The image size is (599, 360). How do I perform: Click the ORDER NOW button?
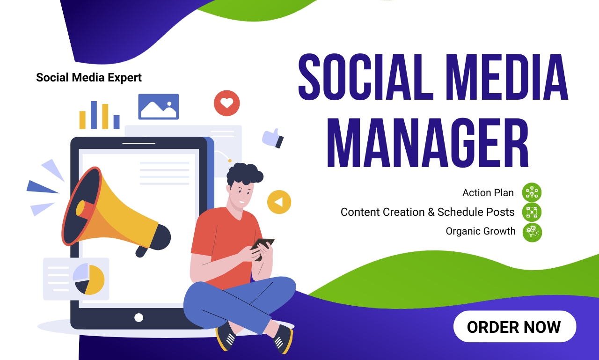[514, 326]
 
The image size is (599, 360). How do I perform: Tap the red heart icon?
[227, 103]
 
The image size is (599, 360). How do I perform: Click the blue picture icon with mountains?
[159, 106]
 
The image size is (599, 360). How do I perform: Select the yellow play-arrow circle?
[279, 202]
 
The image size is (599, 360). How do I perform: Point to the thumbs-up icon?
[273, 138]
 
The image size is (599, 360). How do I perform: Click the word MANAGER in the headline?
[428, 143]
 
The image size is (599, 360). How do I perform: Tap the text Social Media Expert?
[89, 78]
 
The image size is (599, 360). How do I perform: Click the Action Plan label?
[488, 192]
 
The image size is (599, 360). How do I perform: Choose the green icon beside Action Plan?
[532, 192]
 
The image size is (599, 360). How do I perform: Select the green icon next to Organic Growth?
[532, 232]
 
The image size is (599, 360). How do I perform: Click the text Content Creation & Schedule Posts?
[427, 212]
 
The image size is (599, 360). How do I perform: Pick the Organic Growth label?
[481, 231]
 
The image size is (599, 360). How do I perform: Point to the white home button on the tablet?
[139, 318]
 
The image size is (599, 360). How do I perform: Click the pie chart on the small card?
[89, 279]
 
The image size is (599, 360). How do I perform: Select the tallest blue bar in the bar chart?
[94, 115]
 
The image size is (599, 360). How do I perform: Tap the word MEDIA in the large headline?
[507, 77]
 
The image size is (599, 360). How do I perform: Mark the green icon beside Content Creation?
[532, 212]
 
